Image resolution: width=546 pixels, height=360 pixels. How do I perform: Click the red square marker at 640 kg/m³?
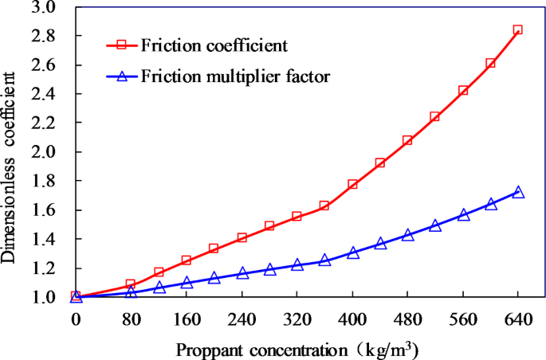tap(517, 30)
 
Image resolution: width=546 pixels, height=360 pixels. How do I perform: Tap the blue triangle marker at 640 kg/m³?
tap(517, 192)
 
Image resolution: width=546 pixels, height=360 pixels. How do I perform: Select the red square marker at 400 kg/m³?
tap(352, 184)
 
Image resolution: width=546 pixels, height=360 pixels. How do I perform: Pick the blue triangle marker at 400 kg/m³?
tap(352, 252)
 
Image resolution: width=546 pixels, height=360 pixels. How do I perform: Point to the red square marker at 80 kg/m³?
tap(131, 284)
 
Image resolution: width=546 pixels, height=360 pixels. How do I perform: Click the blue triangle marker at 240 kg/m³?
tap(242, 273)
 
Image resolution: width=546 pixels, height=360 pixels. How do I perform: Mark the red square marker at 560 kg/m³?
tap(463, 91)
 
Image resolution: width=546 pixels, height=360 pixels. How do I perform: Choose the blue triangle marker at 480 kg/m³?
tap(407, 235)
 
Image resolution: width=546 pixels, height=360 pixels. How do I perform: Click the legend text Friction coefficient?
tap(214, 43)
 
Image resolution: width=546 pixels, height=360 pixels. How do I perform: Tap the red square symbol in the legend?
tap(122, 44)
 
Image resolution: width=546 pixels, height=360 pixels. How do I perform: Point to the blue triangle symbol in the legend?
tap(122, 76)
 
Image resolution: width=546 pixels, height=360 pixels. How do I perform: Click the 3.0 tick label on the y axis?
tap(43, 7)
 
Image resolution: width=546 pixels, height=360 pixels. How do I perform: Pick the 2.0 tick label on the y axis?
tap(43, 152)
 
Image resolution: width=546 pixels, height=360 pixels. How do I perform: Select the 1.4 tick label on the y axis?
tap(43, 239)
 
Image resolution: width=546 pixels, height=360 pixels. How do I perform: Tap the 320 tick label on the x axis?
tap(297, 318)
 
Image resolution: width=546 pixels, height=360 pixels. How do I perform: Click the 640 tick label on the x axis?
tap(517, 318)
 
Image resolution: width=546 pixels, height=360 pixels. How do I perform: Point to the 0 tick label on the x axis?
tap(76, 318)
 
